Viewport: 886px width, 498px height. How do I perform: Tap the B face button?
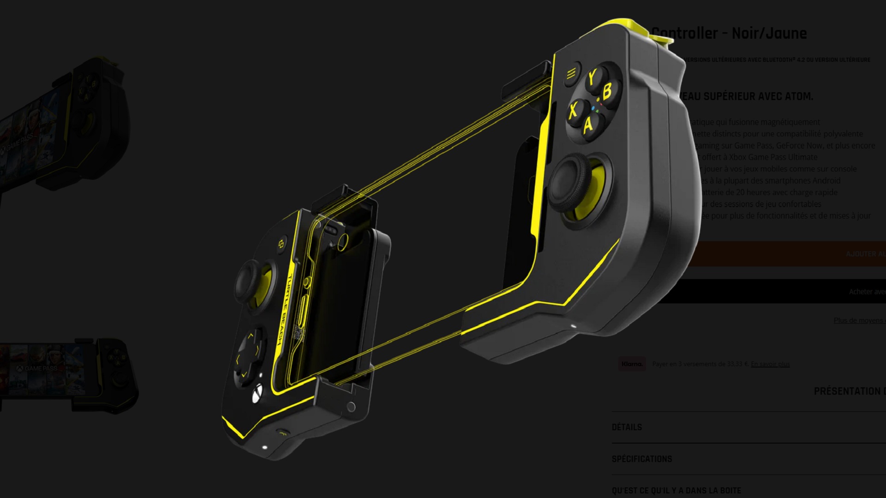tap(607, 91)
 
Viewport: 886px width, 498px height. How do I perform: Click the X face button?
tap(574, 111)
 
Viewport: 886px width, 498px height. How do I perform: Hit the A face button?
tap(588, 125)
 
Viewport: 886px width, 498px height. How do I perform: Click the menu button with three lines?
tap(571, 73)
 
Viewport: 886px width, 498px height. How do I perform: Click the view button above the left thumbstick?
tap(280, 244)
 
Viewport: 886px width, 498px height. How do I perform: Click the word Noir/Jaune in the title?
tap(769, 33)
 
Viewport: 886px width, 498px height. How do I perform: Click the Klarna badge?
tap(632, 364)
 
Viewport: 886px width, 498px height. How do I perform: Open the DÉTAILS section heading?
tap(627, 427)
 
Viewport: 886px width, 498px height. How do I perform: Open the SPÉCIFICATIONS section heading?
tap(641, 459)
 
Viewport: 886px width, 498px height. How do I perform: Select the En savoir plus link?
tap(770, 364)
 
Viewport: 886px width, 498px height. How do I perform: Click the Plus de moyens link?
tap(858, 320)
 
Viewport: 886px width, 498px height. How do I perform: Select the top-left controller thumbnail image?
tap(65, 125)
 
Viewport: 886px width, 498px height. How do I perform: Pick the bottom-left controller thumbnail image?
tap(69, 373)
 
